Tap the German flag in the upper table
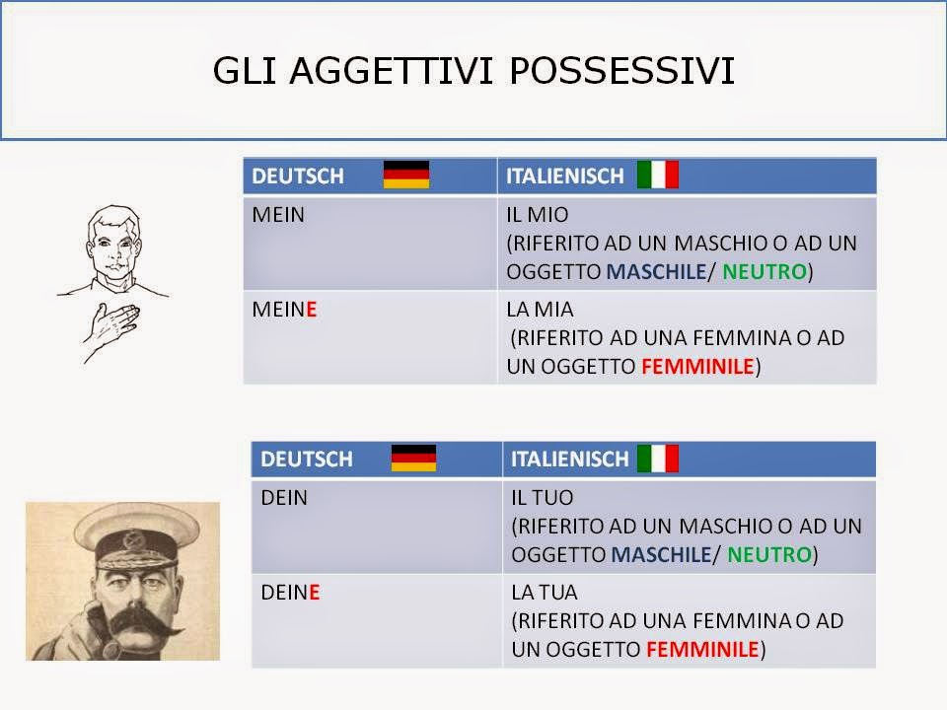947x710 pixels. (x=405, y=175)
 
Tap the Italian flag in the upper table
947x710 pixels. (x=657, y=175)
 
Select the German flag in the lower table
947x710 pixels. (x=413, y=458)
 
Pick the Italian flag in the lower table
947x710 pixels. (x=657, y=458)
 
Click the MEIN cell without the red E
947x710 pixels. (x=279, y=215)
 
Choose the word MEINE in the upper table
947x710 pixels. (x=285, y=309)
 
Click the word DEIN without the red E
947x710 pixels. (x=284, y=498)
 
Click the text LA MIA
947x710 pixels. (x=540, y=309)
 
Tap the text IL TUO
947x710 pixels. (x=543, y=498)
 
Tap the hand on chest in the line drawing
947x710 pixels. (x=112, y=325)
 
